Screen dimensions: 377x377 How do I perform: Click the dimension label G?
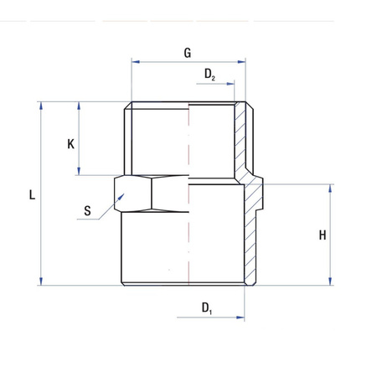[188, 52]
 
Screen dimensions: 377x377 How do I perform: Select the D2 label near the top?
[209, 75]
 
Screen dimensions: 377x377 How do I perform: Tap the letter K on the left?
[71, 143]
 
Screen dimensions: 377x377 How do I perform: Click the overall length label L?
[32, 195]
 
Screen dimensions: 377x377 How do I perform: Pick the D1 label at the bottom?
[207, 308]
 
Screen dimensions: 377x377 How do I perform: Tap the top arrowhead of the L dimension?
[40, 106]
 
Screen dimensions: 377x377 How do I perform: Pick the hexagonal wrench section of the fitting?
[151, 192]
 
